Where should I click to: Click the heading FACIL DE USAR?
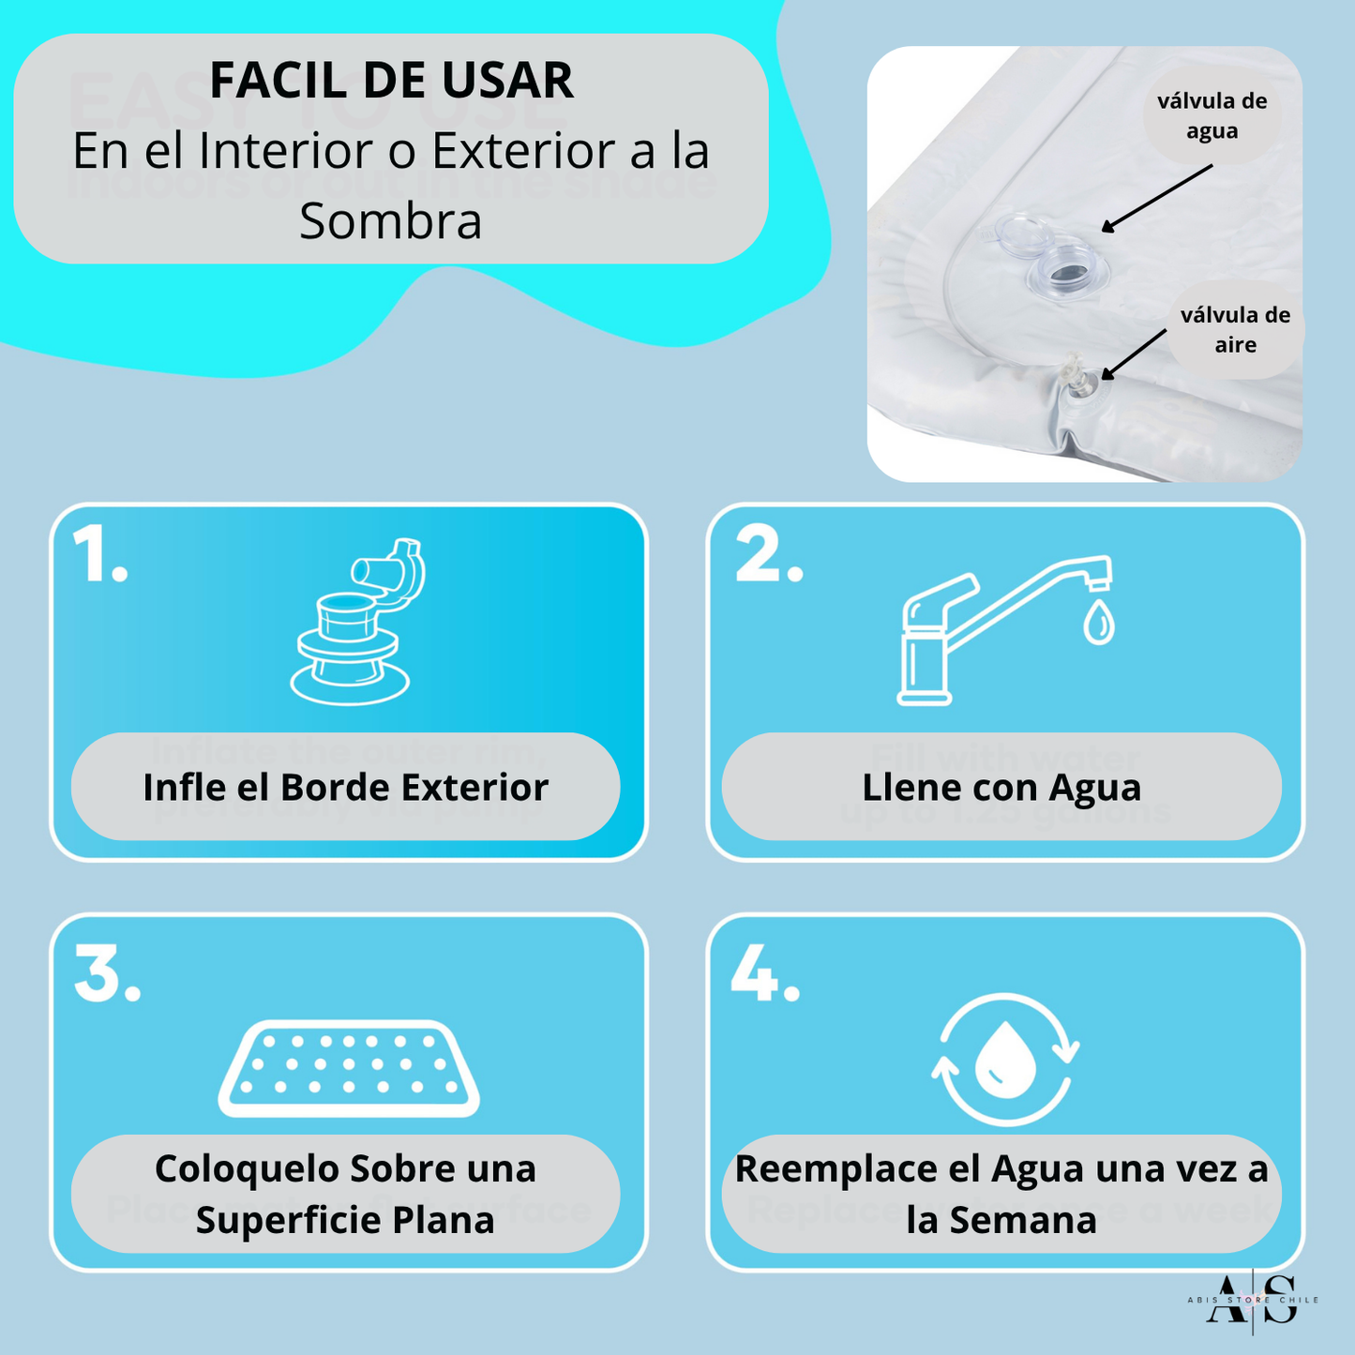coord(391,81)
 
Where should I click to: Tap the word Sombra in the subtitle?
coord(391,222)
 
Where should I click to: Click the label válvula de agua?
coord(1212,116)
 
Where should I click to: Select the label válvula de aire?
coord(1235,330)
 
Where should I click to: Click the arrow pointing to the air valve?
coord(1134,354)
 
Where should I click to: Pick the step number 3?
coord(106,974)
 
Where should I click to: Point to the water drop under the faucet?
coord(1098,623)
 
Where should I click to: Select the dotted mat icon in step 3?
coord(349,1068)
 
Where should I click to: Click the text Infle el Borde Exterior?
coord(345,788)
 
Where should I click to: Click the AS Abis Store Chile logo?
coord(1252,1300)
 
